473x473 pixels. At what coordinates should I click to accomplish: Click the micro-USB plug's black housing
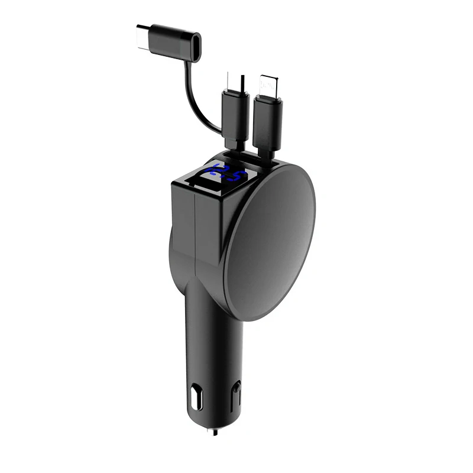(x=232, y=115)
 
